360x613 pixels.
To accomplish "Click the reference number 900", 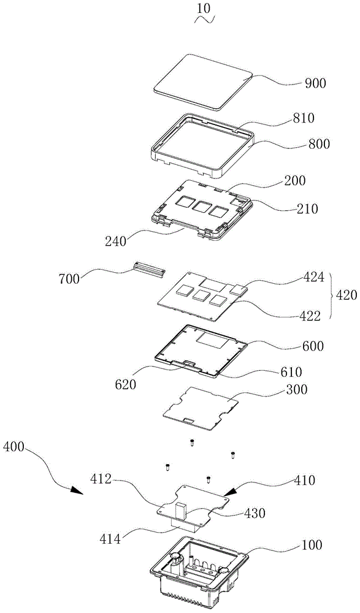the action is click(315, 83).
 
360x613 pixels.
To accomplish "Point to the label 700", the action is click(69, 279).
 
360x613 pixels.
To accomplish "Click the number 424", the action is click(313, 277).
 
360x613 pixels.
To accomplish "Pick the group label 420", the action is click(347, 295).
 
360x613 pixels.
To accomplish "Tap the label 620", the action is click(126, 384).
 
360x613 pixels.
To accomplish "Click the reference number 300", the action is click(297, 389).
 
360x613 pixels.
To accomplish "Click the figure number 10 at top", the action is click(205, 9).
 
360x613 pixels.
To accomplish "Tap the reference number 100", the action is click(312, 544).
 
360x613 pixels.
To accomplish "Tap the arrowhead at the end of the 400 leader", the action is click(78, 490).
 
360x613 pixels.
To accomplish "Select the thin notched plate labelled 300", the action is click(201, 409).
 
